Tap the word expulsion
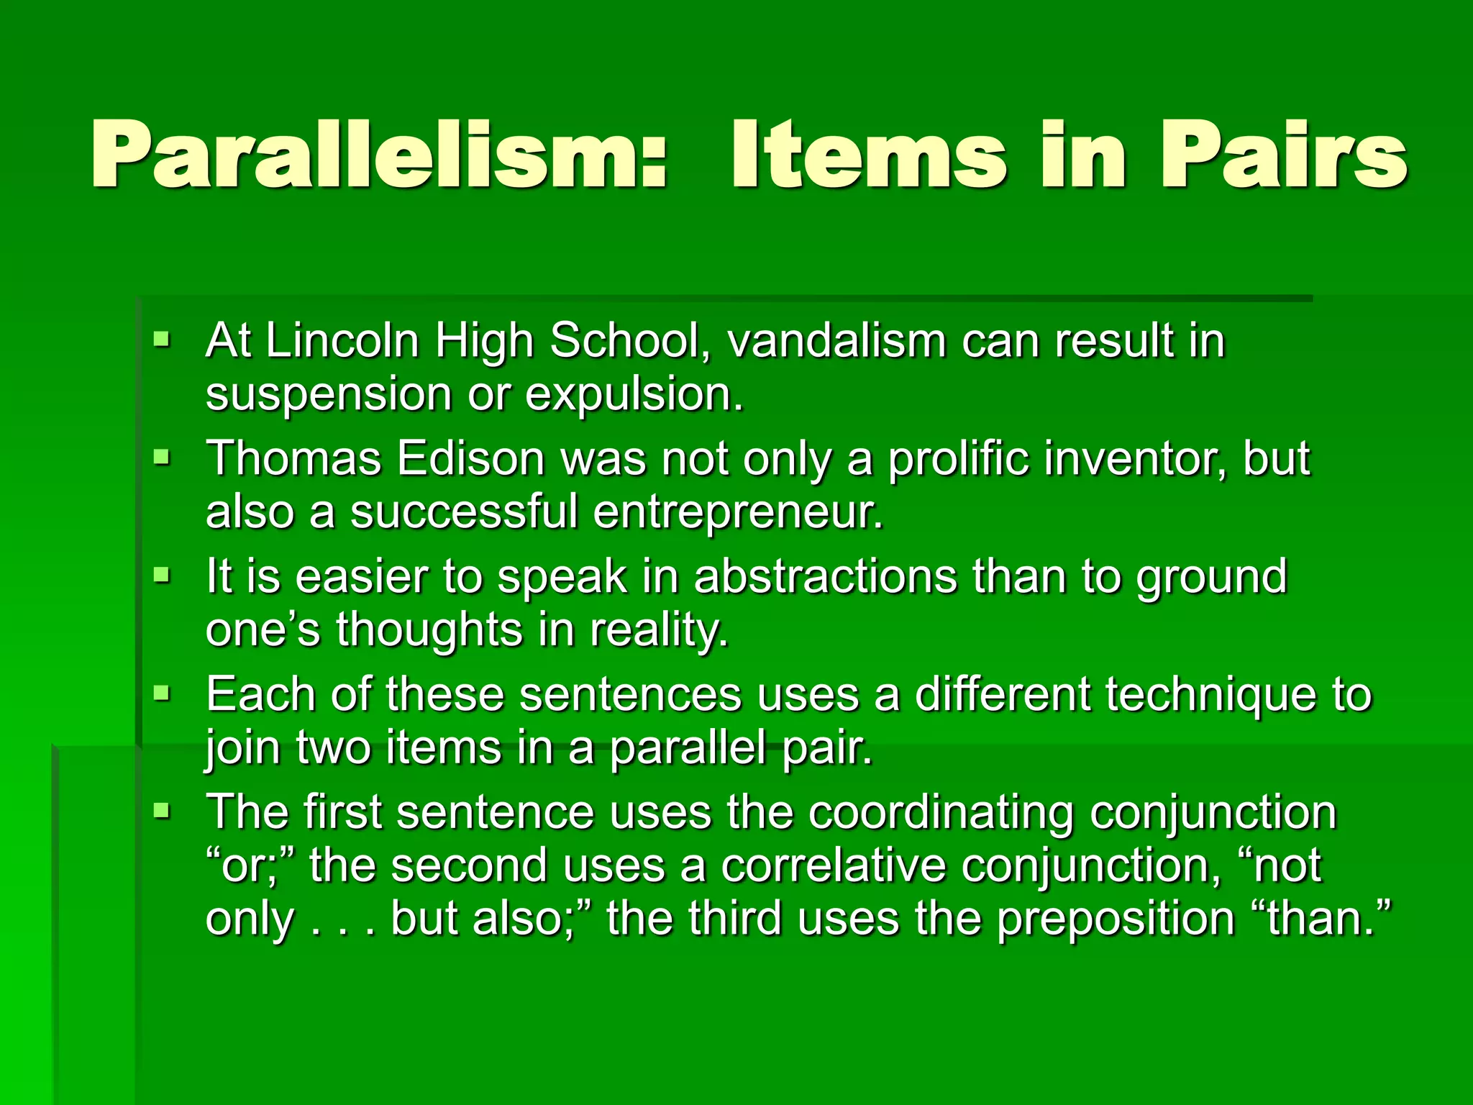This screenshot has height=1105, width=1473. click(x=634, y=395)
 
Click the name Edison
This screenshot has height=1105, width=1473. click(x=470, y=458)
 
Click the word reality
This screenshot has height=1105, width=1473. click(x=659, y=630)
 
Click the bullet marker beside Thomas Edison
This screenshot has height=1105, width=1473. click(x=162, y=457)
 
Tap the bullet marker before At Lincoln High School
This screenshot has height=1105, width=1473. click(x=162, y=338)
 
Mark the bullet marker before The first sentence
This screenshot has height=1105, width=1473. click(x=162, y=811)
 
